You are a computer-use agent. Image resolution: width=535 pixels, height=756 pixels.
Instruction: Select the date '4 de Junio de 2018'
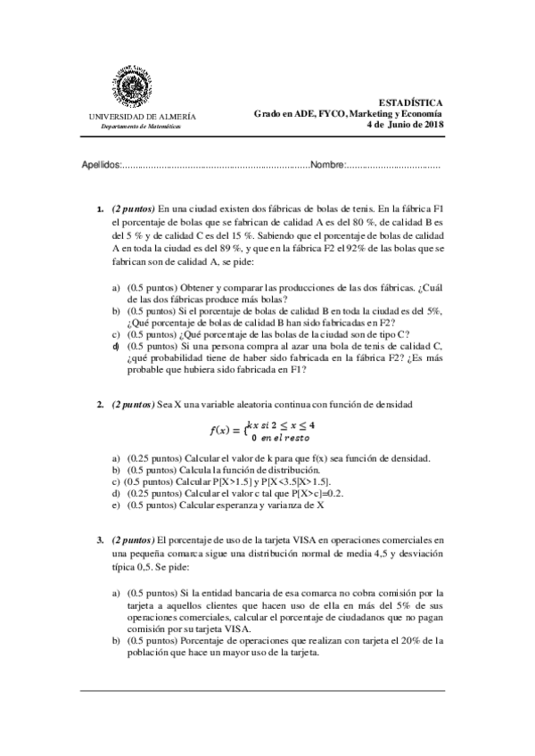pos(405,125)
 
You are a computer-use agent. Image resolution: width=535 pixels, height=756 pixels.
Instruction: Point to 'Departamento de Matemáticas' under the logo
pos(140,127)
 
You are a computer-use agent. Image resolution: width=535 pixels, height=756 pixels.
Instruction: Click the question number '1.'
pos(101,208)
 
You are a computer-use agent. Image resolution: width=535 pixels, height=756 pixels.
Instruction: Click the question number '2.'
pos(101,406)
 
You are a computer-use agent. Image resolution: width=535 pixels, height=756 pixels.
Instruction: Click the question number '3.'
pos(101,540)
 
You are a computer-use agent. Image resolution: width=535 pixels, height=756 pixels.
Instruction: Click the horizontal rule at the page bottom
pos(267,689)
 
